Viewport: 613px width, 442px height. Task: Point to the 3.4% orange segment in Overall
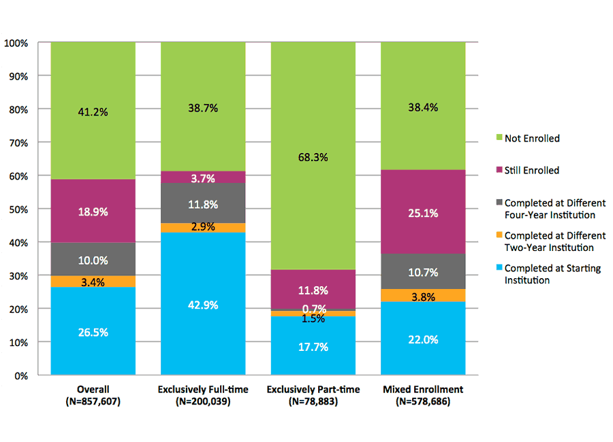(93, 282)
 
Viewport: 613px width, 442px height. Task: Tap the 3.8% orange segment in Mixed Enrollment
(423, 295)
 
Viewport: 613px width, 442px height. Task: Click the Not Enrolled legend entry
(531, 139)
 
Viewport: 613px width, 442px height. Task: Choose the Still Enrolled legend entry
(531, 171)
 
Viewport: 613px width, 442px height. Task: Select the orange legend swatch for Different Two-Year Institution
(498, 236)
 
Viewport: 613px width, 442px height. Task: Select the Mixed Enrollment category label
(423, 390)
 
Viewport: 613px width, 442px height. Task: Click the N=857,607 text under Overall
(93, 402)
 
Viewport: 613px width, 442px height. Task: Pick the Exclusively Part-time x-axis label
(313, 390)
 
